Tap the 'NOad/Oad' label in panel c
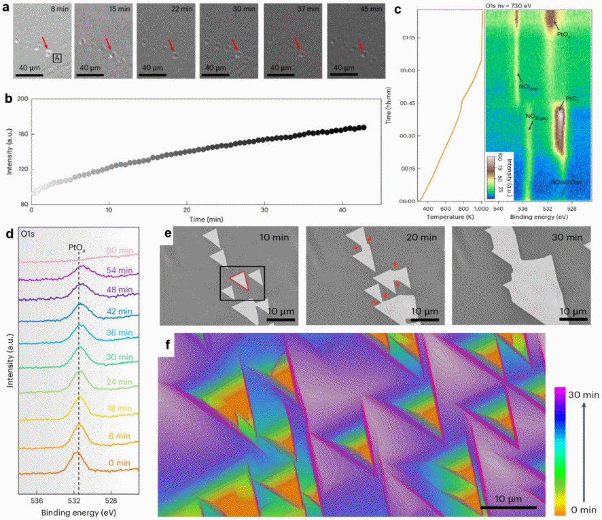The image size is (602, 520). point(566,183)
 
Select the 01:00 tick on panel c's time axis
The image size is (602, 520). point(404,70)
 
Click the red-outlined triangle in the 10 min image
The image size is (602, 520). point(238,282)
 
